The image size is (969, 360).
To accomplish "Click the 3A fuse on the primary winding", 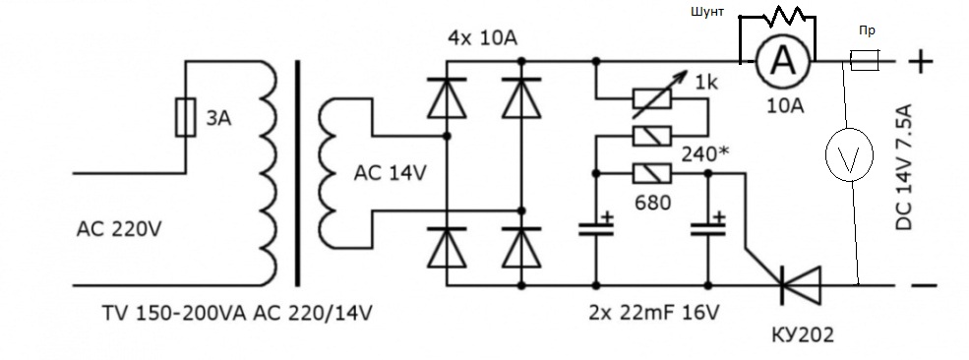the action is (185, 117).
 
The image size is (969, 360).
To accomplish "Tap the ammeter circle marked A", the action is (783, 61).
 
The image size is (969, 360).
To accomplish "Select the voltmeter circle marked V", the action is (849, 154).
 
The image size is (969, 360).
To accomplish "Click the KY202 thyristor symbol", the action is (799, 284).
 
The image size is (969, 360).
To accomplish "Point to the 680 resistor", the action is (652, 174).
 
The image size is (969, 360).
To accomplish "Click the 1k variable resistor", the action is (652, 98).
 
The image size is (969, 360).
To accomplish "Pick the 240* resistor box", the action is (652, 136).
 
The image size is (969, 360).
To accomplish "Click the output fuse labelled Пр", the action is (865, 61).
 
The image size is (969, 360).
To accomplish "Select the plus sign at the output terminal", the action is (921, 61).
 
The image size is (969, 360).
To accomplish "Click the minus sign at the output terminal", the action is (924, 285).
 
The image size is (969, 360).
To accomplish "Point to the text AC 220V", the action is (119, 230).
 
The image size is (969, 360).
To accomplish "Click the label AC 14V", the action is (390, 174).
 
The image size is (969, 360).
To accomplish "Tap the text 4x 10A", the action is (483, 39).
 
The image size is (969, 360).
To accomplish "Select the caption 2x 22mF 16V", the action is (654, 314).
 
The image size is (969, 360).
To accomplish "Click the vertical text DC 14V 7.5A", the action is (904, 168).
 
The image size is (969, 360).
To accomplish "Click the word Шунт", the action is (708, 12).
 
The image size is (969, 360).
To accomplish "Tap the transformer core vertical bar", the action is (298, 173).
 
